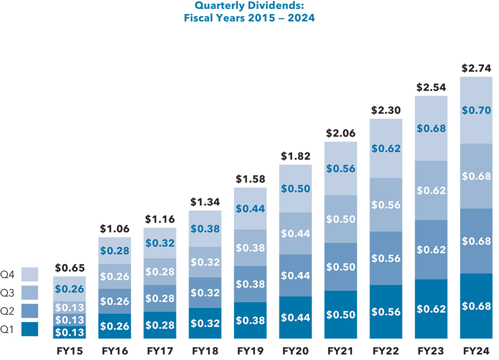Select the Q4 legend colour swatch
[30, 274]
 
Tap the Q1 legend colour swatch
[30, 329]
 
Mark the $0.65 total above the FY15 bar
[69, 268]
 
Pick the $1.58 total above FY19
[250, 179]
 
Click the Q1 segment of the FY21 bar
[340, 314]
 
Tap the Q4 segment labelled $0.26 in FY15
[69, 289]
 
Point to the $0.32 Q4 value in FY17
[160, 243]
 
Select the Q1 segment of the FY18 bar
[205, 323]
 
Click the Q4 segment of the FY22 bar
[385, 148]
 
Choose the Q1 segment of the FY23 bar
[430, 309]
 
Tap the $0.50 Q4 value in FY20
[295, 189]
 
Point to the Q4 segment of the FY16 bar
[115, 250]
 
